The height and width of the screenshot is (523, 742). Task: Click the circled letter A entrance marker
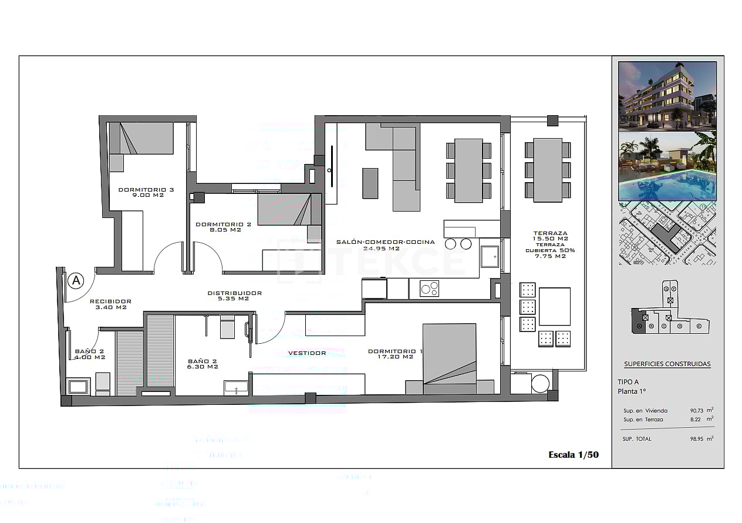[75, 281]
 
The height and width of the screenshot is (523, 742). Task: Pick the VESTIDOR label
[307, 353]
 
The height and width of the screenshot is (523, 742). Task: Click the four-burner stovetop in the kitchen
[429, 288]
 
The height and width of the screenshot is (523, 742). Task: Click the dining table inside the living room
[468, 170]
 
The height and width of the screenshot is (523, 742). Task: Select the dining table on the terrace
[548, 170]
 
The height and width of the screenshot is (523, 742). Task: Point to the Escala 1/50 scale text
[573, 454]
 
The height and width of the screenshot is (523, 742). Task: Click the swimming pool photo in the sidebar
[667, 166]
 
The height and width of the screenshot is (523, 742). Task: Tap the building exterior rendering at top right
[667, 95]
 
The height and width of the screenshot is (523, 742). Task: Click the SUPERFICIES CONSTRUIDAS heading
[667, 364]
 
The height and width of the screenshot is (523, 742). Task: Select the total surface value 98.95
[698, 439]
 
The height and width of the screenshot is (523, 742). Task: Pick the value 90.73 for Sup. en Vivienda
[698, 411]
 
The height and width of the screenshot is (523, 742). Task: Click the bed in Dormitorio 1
[449, 359]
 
